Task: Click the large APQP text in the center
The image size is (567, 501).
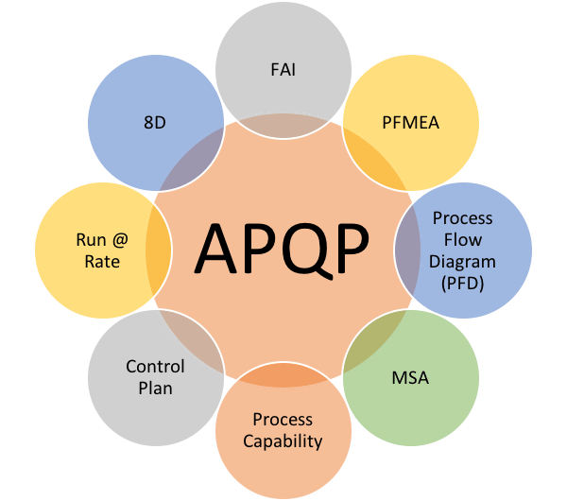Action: point(282,250)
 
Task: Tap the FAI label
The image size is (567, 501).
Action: point(283,69)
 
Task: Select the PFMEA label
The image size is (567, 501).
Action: point(411,123)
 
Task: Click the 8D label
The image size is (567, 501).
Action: point(155,123)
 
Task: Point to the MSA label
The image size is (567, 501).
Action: point(410,378)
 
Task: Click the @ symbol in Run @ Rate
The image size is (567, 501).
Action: point(120,240)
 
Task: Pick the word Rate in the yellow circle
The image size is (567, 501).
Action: point(102,262)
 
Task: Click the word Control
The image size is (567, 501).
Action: point(155,367)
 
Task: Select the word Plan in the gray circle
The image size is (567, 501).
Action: point(156,389)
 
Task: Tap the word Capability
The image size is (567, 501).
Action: point(283,441)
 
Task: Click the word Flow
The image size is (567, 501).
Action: point(463,240)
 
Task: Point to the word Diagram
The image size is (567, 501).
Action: point(462,262)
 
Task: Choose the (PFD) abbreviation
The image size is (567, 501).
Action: point(462,284)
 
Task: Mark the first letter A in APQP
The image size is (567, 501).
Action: point(215,250)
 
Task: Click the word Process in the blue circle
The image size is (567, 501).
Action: point(463,218)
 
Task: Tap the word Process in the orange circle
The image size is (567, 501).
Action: point(283,420)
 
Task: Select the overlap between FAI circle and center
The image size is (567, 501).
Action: point(283,126)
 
